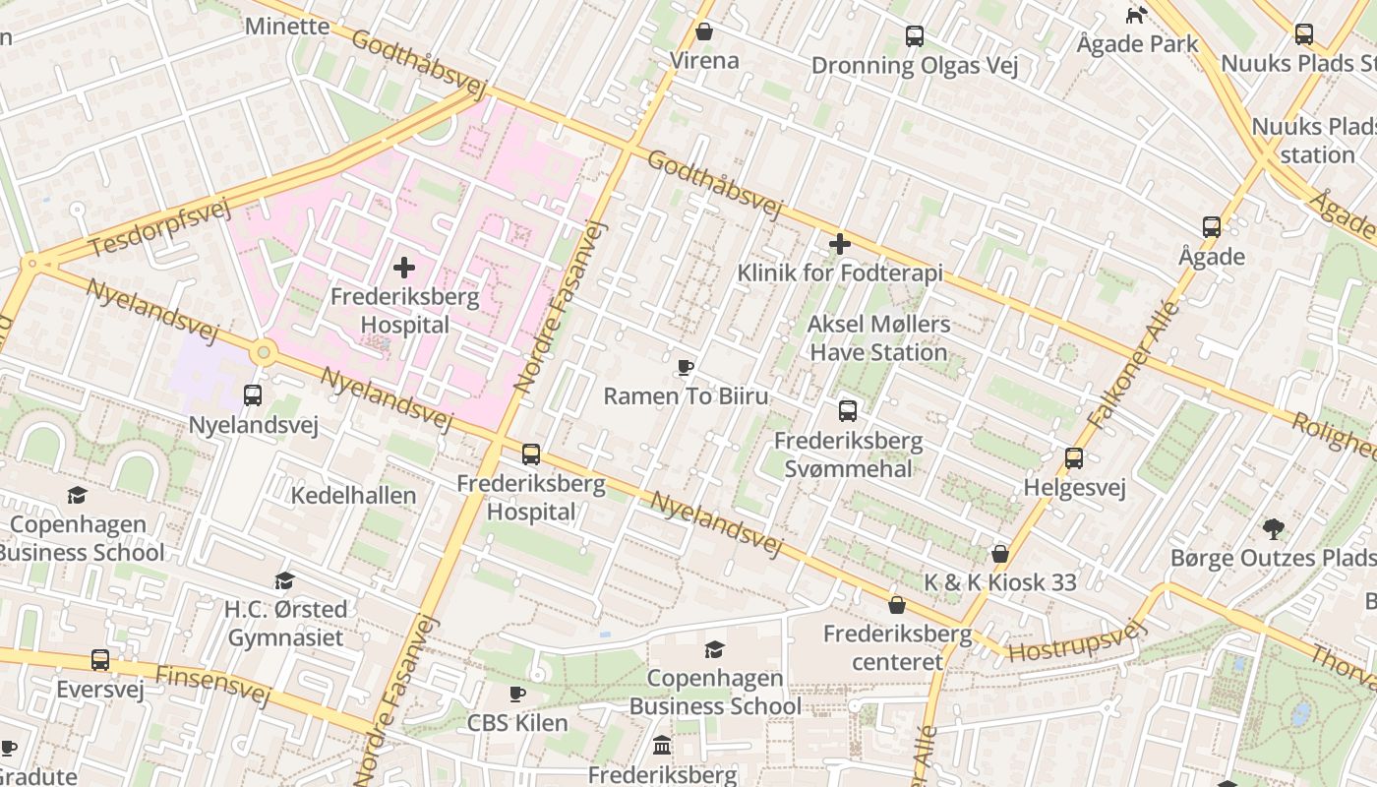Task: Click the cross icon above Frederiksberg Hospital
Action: (x=403, y=268)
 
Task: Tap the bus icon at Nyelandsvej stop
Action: (x=253, y=395)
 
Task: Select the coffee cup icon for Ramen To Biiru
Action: (x=686, y=368)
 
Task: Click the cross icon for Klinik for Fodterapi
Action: (x=840, y=244)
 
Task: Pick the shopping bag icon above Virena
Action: (x=704, y=31)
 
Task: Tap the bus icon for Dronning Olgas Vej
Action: (x=915, y=37)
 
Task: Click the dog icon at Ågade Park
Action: (x=1136, y=15)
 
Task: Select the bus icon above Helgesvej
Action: (x=1073, y=458)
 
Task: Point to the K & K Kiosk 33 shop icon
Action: (x=1000, y=554)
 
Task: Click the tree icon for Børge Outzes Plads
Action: (x=1274, y=529)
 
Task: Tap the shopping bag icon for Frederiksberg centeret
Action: (x=897, y=605)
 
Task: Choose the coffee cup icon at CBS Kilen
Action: (x=517, y=695)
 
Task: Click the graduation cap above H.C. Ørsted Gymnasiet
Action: (x=285, y=581)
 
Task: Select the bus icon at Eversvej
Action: (x=100, y=660)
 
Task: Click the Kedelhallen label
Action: (x=353, y=495)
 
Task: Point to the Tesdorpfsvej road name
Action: (x=158, y=228)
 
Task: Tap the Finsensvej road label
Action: (x=212, y=685)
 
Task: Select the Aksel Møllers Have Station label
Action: (x=877, y=337)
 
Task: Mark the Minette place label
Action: (x=287, y=26)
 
